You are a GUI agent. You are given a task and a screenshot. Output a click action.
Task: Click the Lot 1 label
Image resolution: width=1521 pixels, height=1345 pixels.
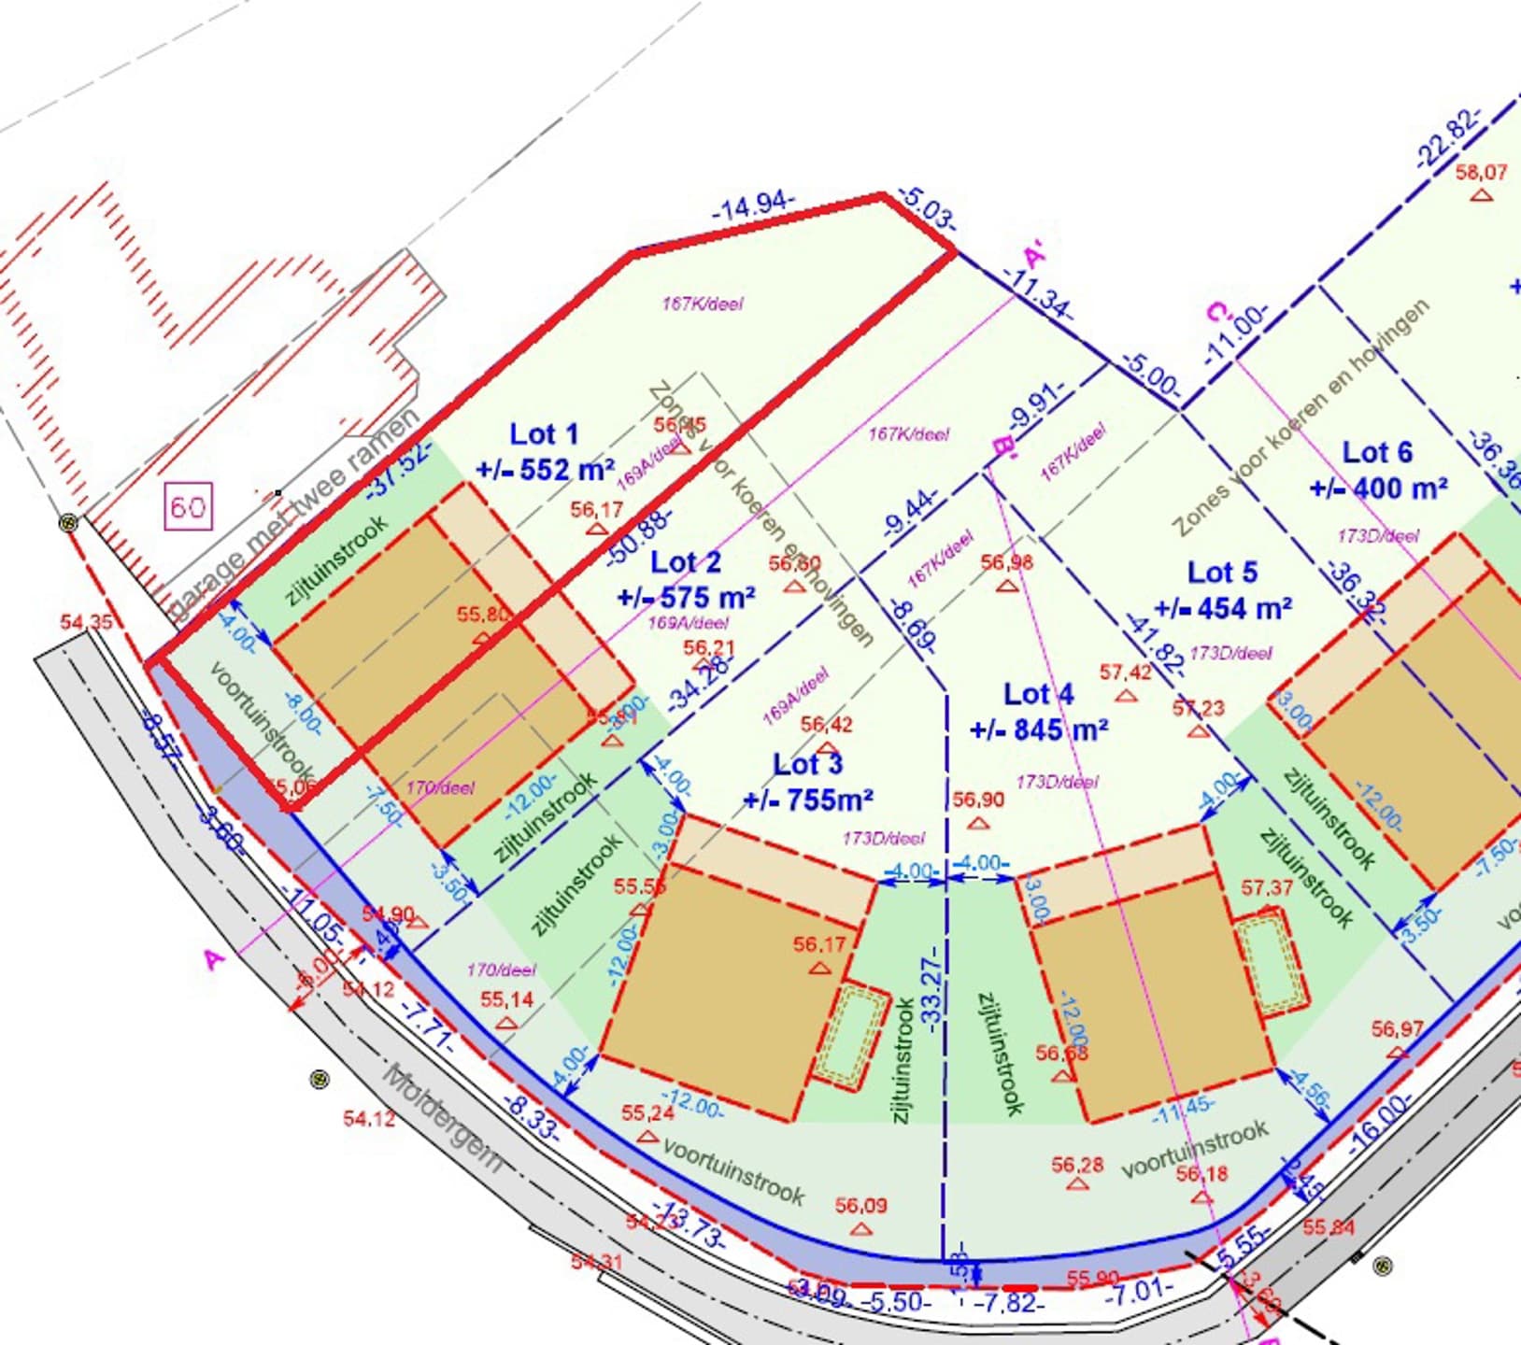[x=544, y=434]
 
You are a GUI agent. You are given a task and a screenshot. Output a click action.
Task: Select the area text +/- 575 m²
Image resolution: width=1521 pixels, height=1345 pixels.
[x=687, y=597]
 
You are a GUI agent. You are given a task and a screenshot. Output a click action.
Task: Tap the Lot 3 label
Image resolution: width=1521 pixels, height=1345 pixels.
[x=807, y=764]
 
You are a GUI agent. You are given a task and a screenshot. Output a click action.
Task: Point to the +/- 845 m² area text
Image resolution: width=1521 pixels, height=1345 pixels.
[x=1039, y=729]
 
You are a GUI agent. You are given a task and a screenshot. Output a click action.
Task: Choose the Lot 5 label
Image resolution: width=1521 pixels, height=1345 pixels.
[x=1222, y=573]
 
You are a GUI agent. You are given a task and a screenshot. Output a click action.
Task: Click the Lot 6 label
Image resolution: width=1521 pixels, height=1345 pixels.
[x=1377, y=453]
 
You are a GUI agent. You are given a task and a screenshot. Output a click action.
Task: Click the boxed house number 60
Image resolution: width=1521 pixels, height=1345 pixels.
[x=189, y=507]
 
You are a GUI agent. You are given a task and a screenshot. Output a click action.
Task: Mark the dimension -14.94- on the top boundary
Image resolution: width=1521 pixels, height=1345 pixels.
[x=754, y=206]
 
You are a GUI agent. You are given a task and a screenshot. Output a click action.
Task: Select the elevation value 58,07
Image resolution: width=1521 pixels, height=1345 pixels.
[x=1481, y=173]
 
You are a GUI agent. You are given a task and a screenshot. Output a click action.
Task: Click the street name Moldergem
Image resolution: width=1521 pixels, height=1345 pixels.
[x=444, y=1117]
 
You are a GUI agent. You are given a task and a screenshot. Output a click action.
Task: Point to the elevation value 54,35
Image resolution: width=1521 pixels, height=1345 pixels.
[x=86, y=622]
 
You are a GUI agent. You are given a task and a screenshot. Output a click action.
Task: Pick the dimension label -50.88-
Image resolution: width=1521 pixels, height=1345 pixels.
[x=639, y=536]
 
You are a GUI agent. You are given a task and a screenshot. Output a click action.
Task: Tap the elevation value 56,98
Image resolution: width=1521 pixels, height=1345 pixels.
[x=1006, y=562]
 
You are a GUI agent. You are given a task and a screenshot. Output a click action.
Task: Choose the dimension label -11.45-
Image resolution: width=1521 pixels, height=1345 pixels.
[x=1183, y=1110]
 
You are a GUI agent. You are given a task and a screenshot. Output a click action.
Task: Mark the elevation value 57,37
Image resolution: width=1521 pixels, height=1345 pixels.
[x=1266, y=887]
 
